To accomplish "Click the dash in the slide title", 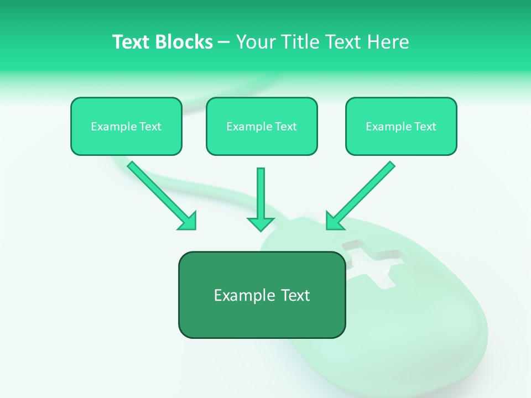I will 224,43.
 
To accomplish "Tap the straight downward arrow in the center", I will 261,196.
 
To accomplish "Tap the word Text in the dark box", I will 295,295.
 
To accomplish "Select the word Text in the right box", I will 425,127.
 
